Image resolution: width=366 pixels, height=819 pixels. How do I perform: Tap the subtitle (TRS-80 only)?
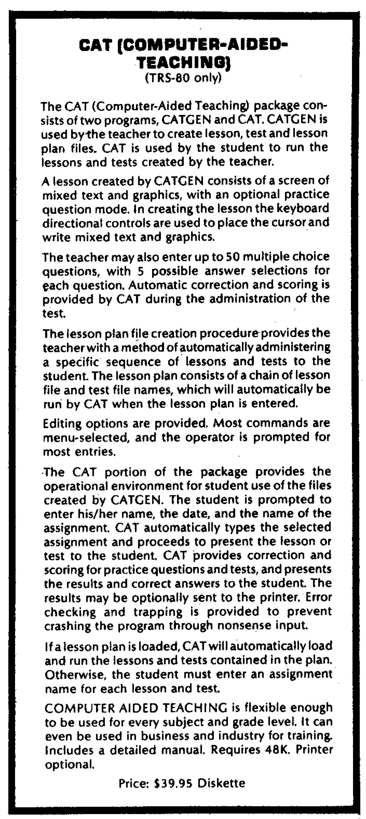pos(182,78)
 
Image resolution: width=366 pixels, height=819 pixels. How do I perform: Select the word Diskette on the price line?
pos(222,783)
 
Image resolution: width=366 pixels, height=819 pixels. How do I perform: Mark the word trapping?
pos(158,612)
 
